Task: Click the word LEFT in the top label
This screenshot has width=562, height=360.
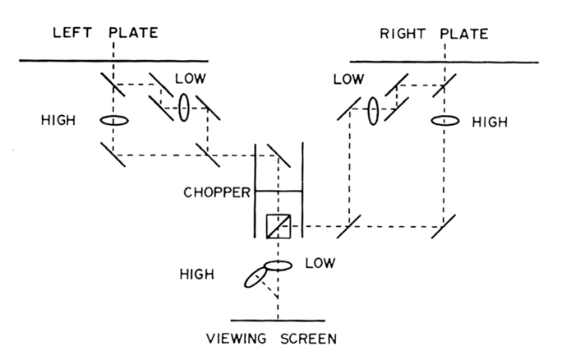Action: coord(71,34)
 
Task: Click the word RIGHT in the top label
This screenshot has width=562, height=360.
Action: coord(400,34)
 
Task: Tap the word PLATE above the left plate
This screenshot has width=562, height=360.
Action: coord(134,34)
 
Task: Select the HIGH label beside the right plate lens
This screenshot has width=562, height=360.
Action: coord(490,122)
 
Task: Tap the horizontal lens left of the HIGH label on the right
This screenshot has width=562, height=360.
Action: coord(444,121)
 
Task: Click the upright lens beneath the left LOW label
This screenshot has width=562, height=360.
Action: coord(185,107)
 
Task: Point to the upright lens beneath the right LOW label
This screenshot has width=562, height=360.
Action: coord(372,111)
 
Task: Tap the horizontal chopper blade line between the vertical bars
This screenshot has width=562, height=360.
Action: coord(279,192)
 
